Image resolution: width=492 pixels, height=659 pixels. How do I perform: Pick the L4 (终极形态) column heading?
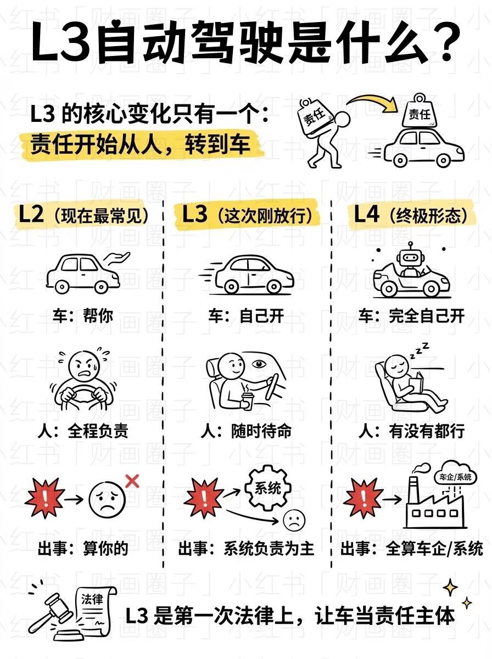coord(411,215)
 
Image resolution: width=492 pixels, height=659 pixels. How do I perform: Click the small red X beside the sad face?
coord(132,482)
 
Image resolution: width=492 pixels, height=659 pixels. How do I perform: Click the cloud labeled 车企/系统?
coord(455,476)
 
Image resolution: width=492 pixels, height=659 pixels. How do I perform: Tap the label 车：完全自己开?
coord(411,316)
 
